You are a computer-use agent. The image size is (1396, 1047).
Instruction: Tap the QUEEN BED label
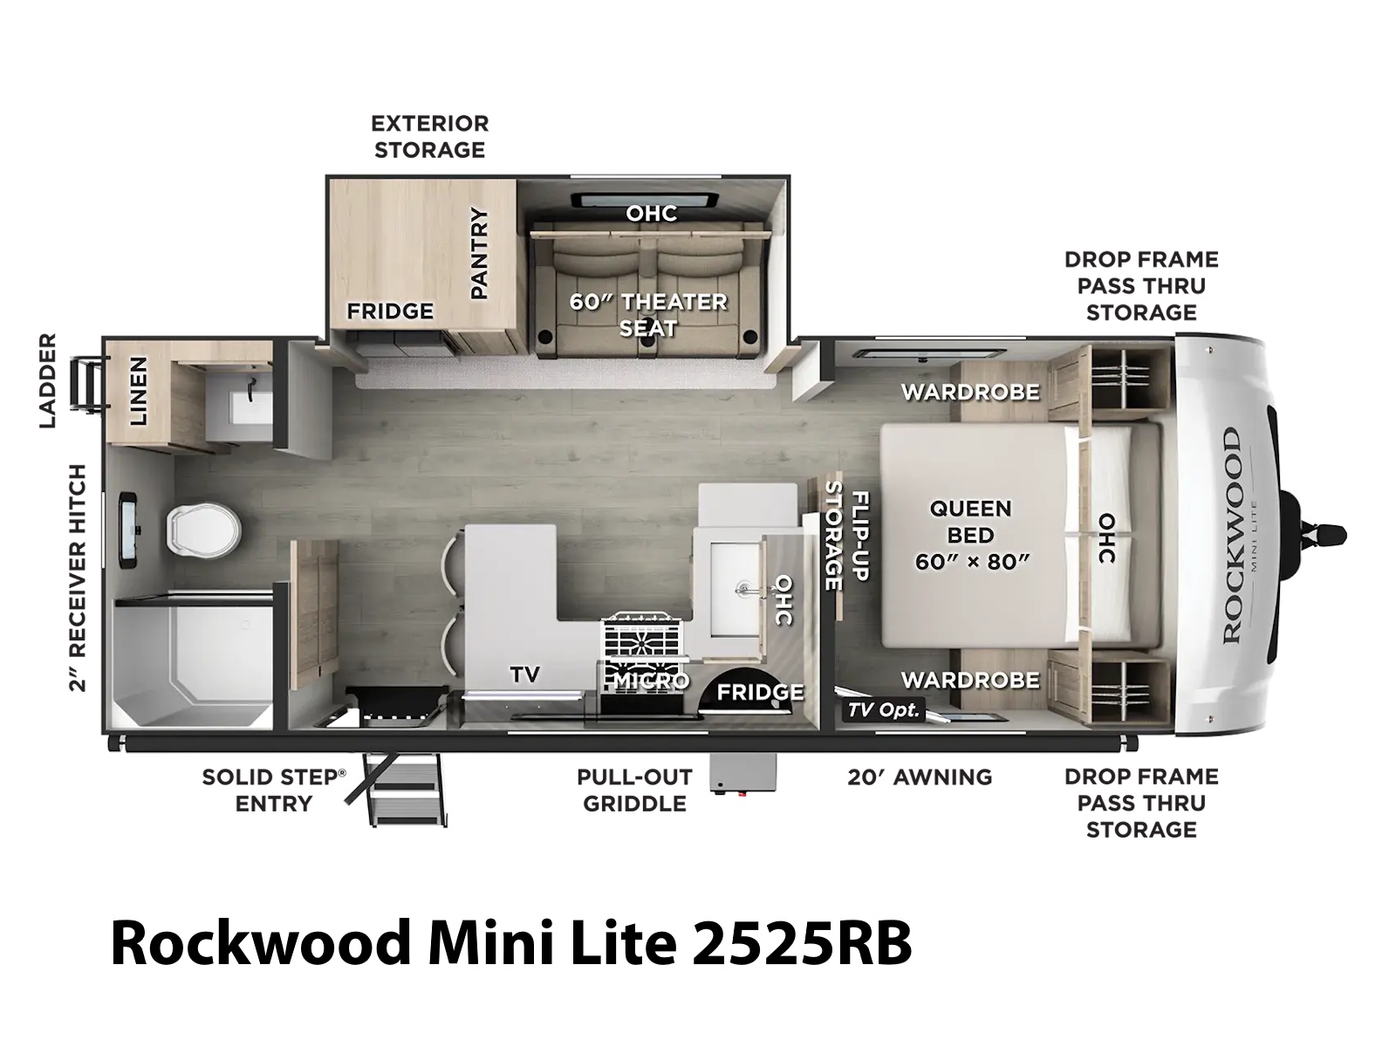click(970, 521)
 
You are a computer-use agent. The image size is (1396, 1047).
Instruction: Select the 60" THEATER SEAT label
click(647, 315)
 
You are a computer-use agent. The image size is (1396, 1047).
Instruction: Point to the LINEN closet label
click(138, 390)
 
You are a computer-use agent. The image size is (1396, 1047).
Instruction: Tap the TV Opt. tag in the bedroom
click(884, 709)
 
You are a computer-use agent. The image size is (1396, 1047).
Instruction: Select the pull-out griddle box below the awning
click(743, 772)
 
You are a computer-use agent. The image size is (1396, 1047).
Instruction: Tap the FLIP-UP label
click(860, 536)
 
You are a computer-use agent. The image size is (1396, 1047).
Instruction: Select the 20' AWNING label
click(919, 777)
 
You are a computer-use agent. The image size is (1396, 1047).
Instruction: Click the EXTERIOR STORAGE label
click(430, 136)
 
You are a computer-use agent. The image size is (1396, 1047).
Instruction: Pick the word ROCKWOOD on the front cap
click(1231, 537)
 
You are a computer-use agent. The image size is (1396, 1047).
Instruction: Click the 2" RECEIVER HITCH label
click(77, 578)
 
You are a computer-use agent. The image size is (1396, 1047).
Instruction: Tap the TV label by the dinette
click(524, 674)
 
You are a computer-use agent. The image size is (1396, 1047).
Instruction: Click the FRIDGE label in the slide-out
click(390, 311)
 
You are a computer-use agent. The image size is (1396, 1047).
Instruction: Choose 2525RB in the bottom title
click(801, 944)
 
